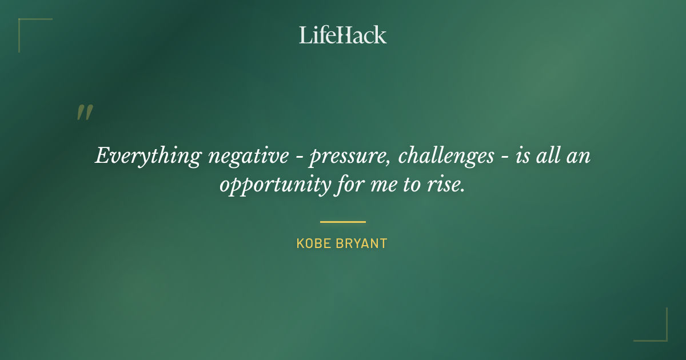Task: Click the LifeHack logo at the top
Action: click(342, 35)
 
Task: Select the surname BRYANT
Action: click(361, 243)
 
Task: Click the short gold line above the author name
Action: click(342, 222)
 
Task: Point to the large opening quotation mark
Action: click(84, 113)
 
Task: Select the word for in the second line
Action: click(348, 185)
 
